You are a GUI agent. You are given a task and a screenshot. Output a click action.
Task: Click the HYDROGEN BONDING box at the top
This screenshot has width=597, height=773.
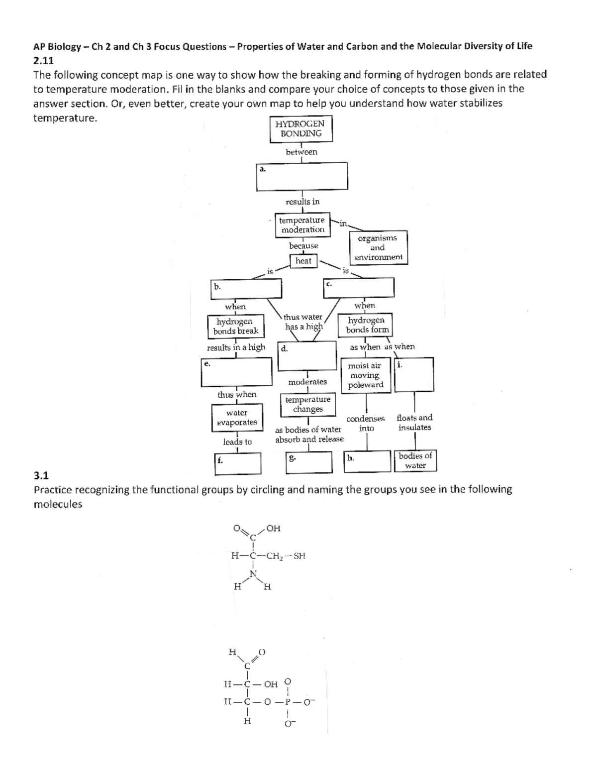click(301, 128)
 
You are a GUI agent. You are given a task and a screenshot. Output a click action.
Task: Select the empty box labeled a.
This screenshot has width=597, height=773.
click(302, 177)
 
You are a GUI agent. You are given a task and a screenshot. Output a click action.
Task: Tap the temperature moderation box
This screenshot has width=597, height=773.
click(302, 225)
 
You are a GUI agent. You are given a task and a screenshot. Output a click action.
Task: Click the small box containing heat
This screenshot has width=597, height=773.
click(303, 261)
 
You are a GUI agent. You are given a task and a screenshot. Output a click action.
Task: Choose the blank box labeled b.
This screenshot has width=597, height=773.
click(246, 288)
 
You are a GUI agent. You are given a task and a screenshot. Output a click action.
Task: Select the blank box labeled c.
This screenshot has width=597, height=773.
click(359, 288)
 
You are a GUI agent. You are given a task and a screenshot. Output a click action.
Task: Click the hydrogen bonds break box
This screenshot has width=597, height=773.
click(236, 326)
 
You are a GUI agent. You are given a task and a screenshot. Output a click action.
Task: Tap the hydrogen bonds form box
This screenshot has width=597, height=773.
click(366, 325)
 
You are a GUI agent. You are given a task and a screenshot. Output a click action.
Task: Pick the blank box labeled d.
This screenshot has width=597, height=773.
click(307, 355)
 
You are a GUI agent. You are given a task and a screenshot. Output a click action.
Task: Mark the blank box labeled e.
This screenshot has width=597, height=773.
click(236, 372)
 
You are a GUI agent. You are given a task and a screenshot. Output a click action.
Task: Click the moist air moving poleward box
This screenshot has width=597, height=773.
click(366, 375)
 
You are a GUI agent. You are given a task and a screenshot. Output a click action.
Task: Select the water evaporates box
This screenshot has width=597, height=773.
click(237, 418)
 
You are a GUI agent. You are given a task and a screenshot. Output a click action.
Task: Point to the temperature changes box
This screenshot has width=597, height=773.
click(308, 404)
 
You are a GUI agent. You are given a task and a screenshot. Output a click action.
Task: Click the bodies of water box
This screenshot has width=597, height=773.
click(415, 461)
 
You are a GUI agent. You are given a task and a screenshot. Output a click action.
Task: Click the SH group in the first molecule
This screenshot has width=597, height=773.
click(299, 556)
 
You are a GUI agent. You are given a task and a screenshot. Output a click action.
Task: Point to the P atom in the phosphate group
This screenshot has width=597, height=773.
click(288, 702)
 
